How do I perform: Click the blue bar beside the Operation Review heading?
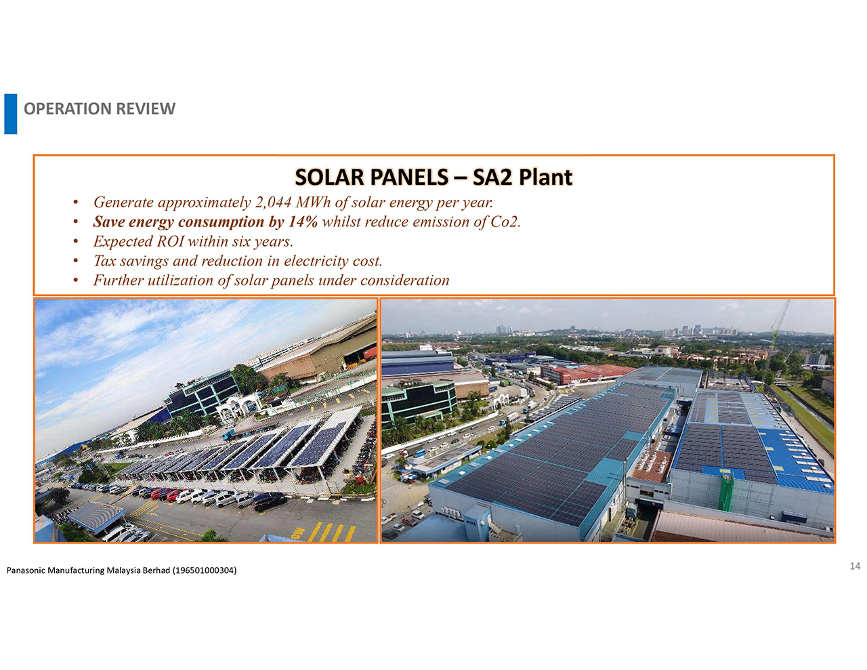11,114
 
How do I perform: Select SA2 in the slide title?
492,177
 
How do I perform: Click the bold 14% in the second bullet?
303,222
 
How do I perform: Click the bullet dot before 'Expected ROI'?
75,243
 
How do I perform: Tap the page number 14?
855,566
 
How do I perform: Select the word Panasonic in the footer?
26,570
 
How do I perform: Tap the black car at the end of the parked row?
270,502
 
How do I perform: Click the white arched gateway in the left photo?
238,409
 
